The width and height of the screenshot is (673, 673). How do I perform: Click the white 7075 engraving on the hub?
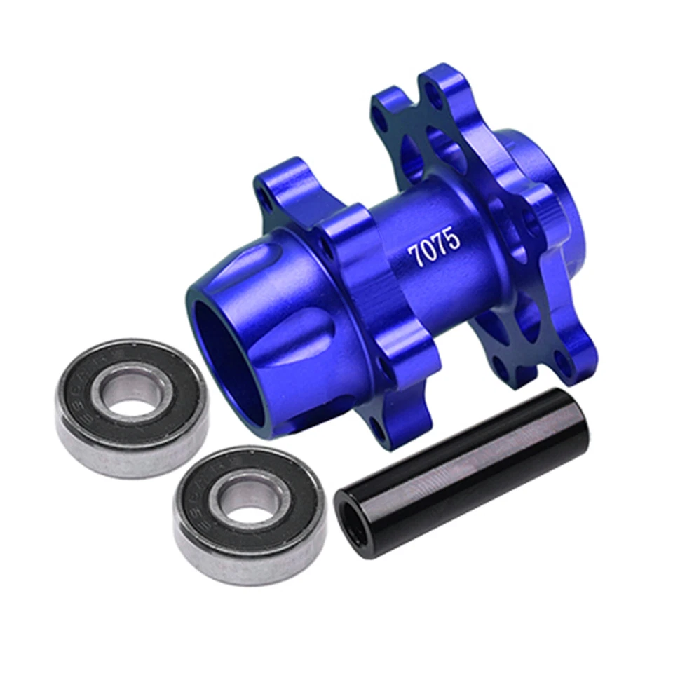pos(435,248)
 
